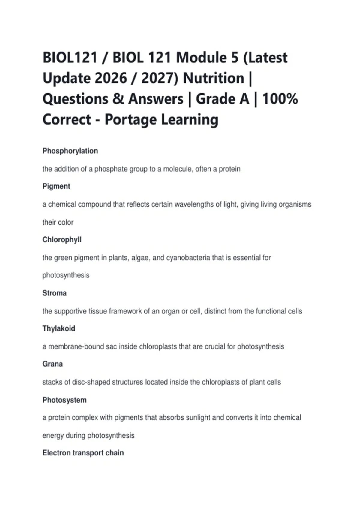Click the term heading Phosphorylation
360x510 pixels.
(70, 151)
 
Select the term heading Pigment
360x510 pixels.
(56, 186)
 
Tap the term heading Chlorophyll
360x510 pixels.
(62, 240)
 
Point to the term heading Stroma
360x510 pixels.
(54, 293)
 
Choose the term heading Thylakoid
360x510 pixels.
(59, 328)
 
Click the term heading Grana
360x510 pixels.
(52, 364)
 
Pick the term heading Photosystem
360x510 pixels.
(64, 400)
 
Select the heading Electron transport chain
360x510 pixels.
(83, 453)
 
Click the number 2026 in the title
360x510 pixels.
(111, 78)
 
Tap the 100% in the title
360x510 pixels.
(280, 99)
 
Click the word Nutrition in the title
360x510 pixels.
(214, 78)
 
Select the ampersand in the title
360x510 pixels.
(118, 99)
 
